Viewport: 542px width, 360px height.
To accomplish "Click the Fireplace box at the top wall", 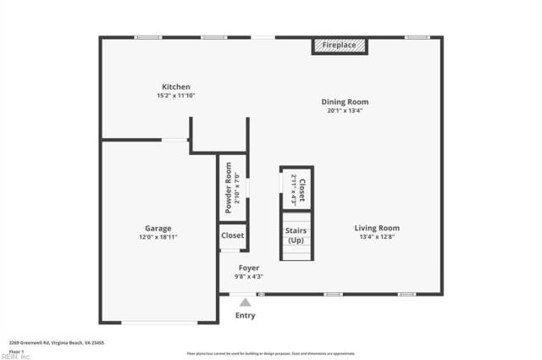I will (x=340, y=45).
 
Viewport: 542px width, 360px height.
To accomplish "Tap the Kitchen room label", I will (x=176, y=86).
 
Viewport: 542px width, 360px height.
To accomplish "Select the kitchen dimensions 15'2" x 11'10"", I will (x=176, y=96).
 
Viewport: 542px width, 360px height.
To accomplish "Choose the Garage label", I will (x=158, y=228).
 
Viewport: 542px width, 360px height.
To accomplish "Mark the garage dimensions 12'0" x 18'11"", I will (x=158, y=237).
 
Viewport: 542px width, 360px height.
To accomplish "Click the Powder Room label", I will (x=228, y=187).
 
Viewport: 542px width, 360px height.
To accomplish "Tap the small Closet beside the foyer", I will (x=232, y=235).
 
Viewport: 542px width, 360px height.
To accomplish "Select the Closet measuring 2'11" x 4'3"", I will (x=296, y=188).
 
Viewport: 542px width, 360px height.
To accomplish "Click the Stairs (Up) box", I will (x=296, y=234).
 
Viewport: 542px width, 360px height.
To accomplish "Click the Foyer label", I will (x=249, y=268).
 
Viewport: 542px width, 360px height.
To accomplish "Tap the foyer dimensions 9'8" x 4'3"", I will (x=249, y=277).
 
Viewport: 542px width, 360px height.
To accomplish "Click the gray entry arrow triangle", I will (x=245, y=301).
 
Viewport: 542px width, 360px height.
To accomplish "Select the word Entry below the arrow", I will (x=245, y=315).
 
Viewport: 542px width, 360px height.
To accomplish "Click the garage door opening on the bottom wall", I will (x=158, y=322).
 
